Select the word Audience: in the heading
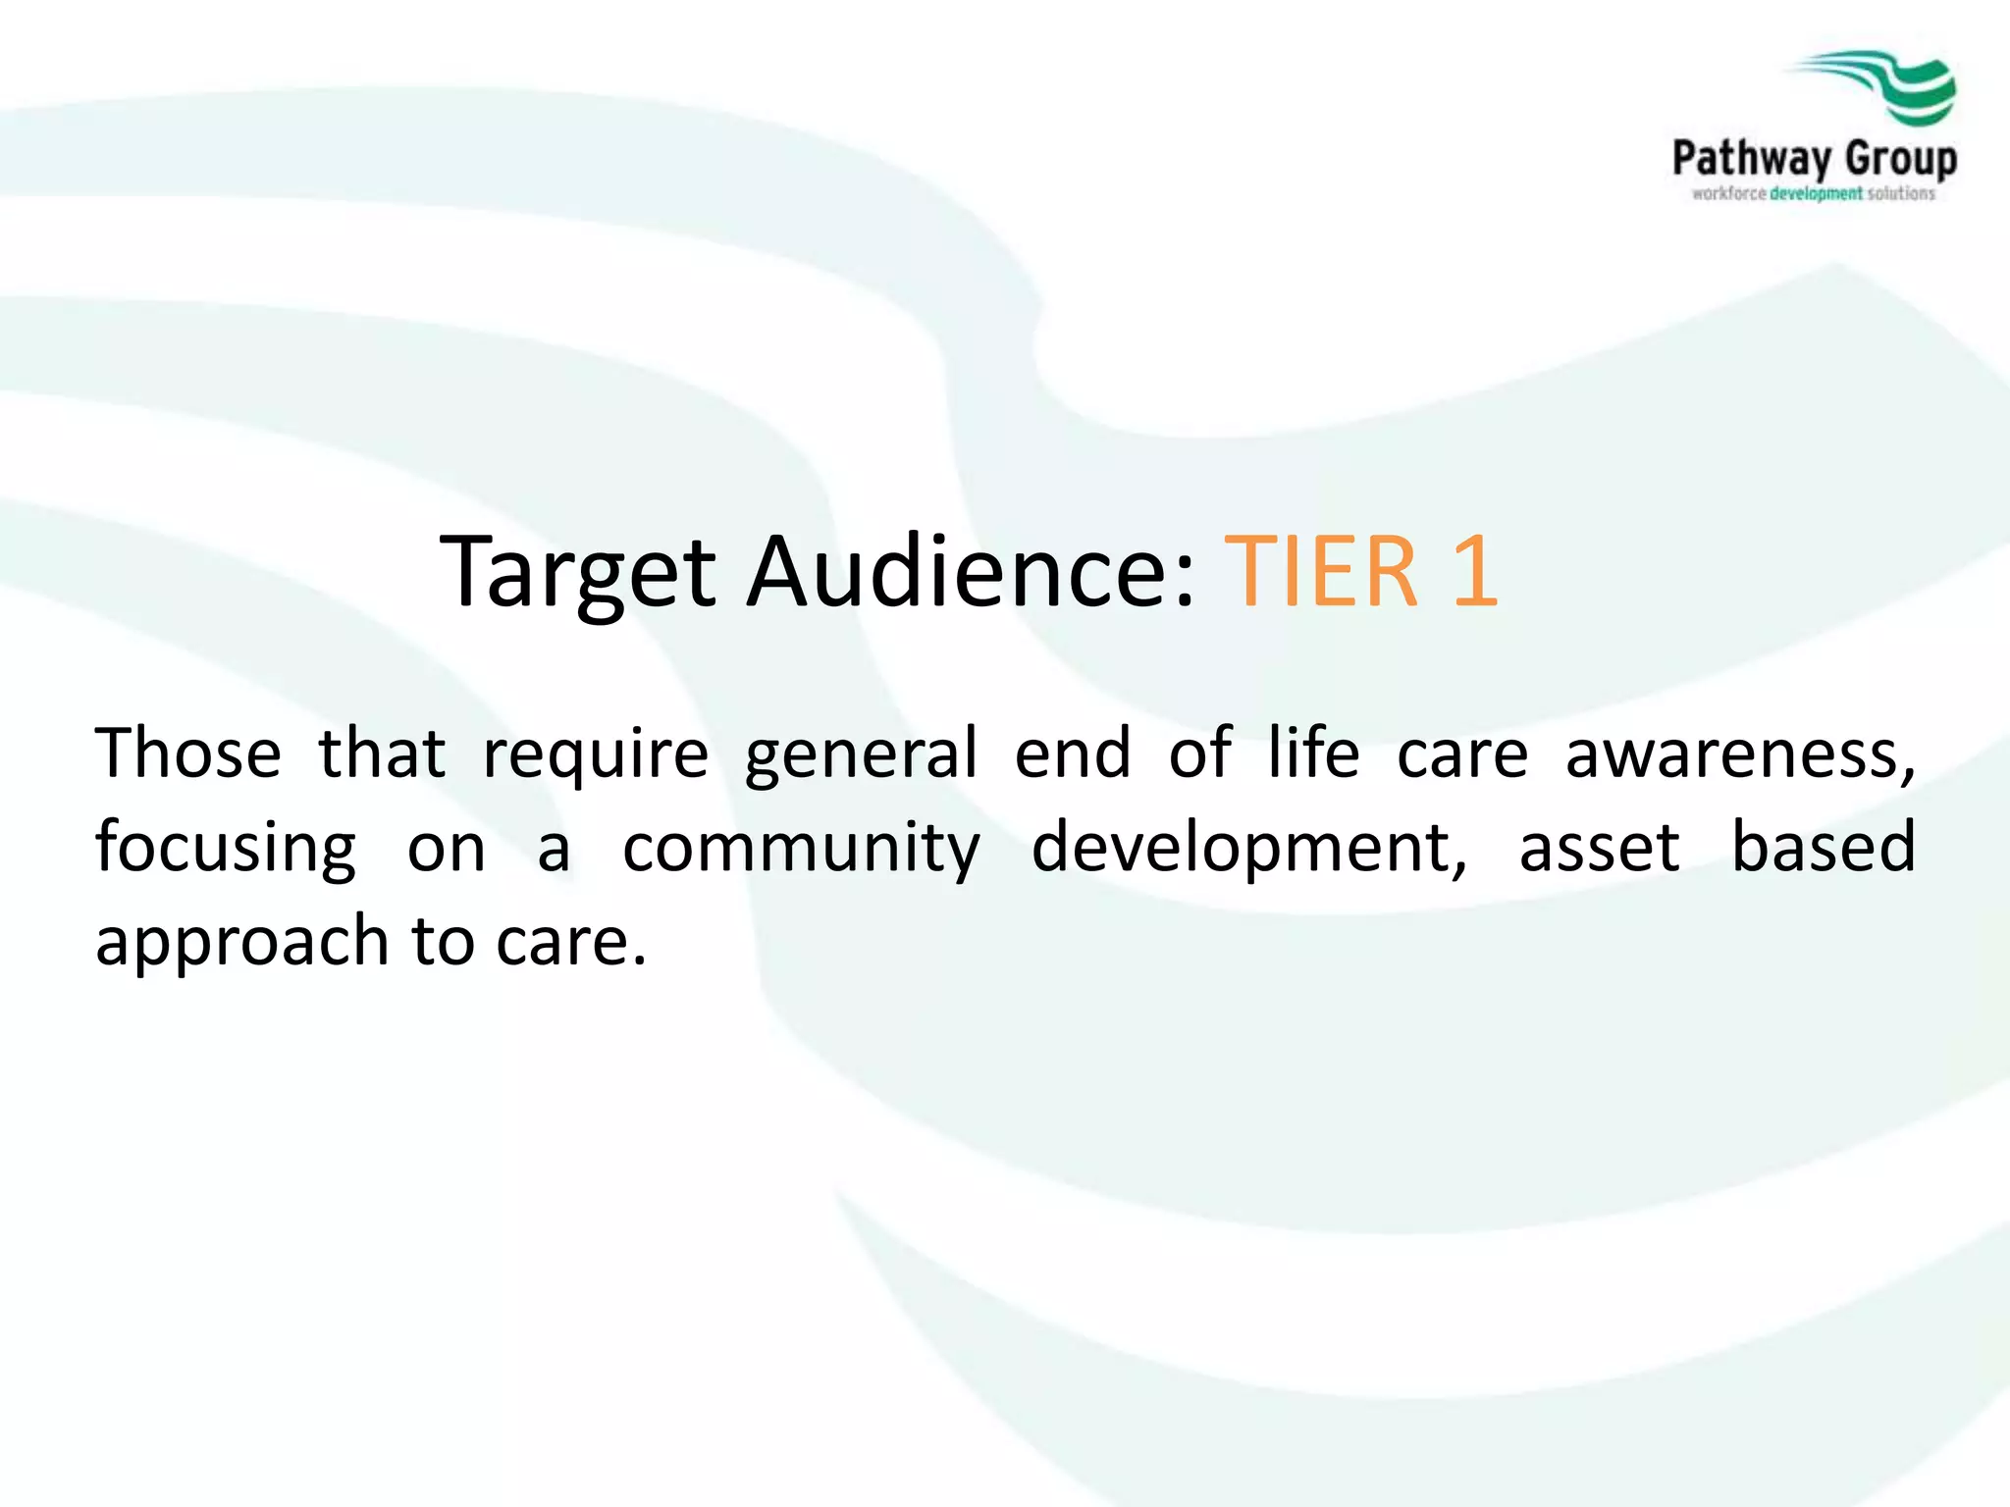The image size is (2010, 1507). click(x=972, y=572)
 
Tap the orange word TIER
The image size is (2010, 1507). click(x=1321, y=572)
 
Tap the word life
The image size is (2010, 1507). click(x=1313, y=753)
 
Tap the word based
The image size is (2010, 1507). click(x=1823, y=847)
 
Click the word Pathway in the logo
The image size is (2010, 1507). click(x=1752, y=159)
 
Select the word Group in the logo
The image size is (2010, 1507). click(x=1900, y=159)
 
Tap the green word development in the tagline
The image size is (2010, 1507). click(x=1816, y=194)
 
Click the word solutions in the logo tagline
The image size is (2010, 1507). click(x=1901, y=194)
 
